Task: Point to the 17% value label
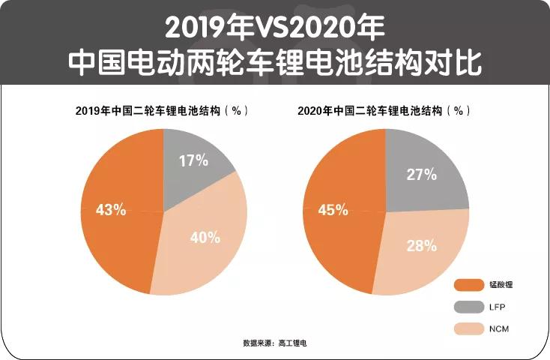194,160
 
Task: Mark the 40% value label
205,238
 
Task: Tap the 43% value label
111,209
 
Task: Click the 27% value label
422,175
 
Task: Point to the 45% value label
333,210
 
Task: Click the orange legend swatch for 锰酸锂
471,285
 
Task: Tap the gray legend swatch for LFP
471,307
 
